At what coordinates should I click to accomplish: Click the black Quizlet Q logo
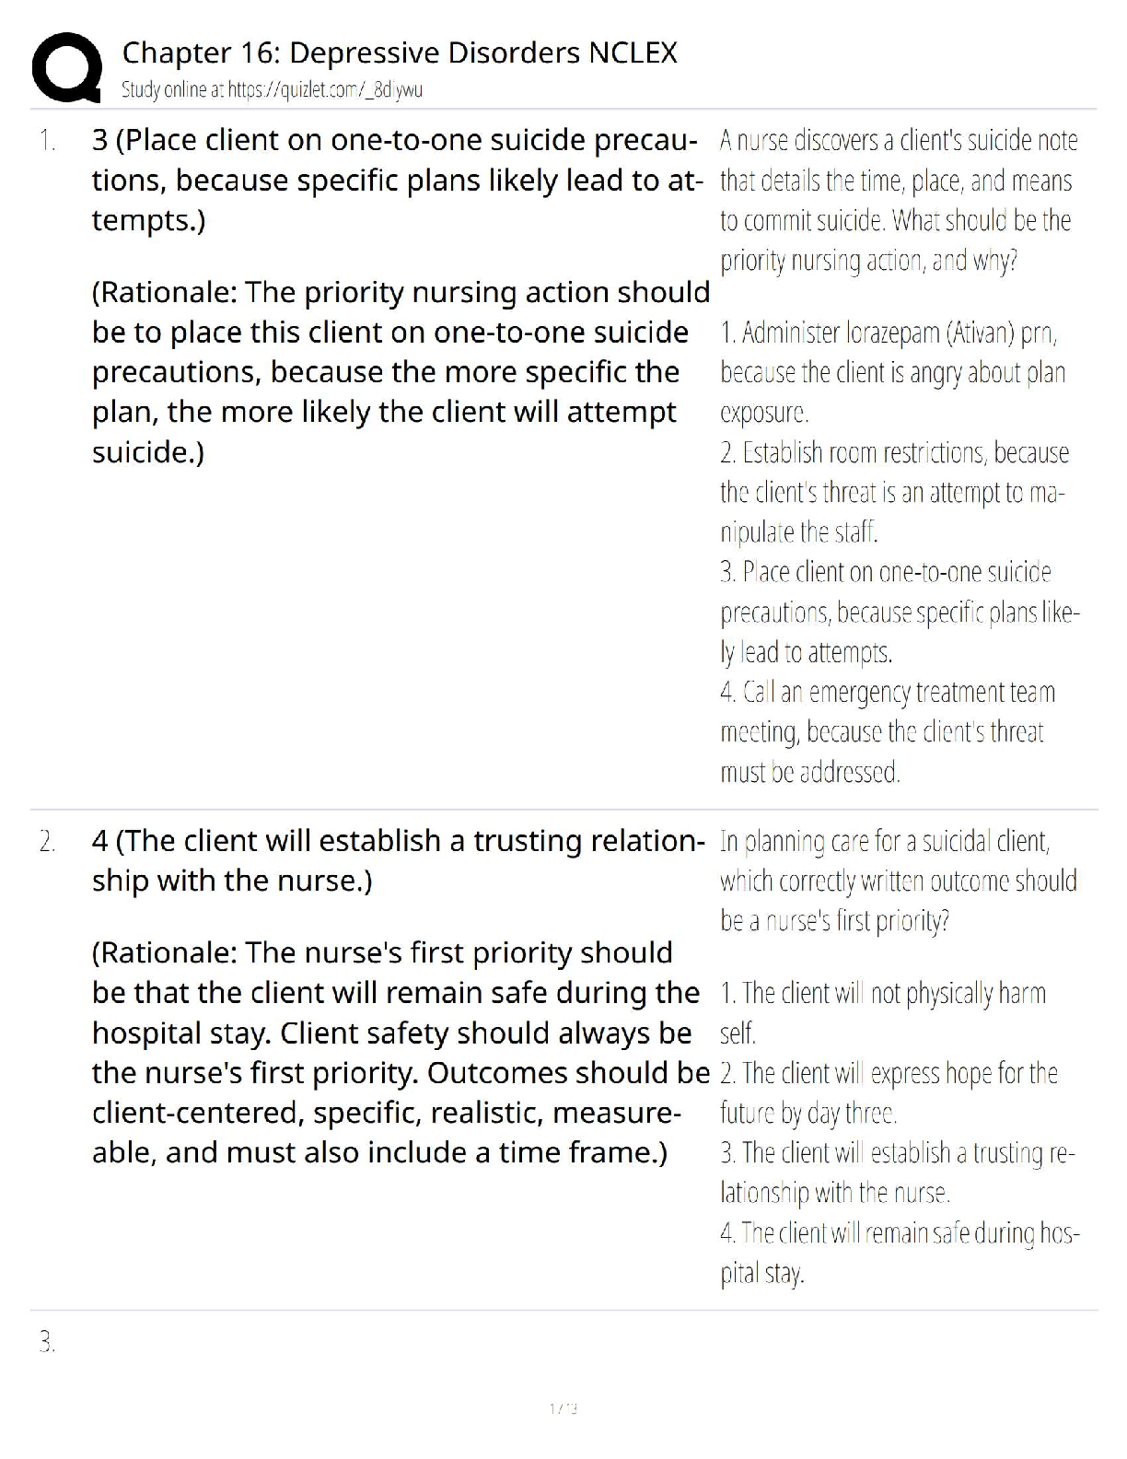click(x=66, y=68)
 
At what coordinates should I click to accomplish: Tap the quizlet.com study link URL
click(x=324, y=90)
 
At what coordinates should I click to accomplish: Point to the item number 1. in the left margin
click(x=47, y=141)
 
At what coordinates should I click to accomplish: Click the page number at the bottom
click(x=563, y=1408)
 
